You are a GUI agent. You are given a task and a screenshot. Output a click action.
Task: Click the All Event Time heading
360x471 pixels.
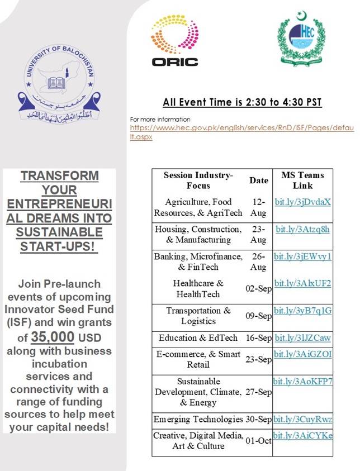click(x=242, y=102)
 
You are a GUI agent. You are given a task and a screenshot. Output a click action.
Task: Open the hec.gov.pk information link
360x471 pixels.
click(x=242, y=132)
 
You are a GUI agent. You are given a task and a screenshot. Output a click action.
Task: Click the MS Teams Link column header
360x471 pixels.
click(x=302, y=180)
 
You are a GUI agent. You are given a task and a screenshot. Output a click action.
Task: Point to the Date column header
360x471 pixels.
click(x=259, y=180)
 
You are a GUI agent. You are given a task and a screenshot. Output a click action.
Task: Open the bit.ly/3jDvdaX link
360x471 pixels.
click(x=302, y=202)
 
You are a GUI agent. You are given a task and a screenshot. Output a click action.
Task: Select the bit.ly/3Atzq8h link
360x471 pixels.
click(x=302, y=229)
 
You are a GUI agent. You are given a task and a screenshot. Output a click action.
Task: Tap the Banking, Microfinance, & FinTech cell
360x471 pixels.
click(x=198, y=261)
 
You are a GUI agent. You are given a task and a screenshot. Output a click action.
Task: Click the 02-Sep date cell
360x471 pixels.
click(x=259, y=288)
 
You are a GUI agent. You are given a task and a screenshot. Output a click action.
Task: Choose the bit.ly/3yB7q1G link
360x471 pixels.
click(x=302, y=311)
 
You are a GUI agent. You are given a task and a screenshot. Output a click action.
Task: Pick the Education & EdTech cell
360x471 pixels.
click(x=198, y=338)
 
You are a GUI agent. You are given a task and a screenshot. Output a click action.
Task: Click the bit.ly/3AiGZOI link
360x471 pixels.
click(x=302, y=354)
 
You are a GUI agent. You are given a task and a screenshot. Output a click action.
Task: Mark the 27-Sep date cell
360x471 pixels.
click(x=259, y=392)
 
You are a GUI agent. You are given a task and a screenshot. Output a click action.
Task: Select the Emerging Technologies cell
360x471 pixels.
click(x=198, y=419)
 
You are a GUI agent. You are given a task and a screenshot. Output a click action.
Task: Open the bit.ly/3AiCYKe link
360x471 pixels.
click(x=302, y=435)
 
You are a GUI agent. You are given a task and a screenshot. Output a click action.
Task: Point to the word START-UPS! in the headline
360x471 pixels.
click(x=59, y=245)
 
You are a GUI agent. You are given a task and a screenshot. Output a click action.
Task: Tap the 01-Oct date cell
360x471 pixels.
click(x=259, y=441)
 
